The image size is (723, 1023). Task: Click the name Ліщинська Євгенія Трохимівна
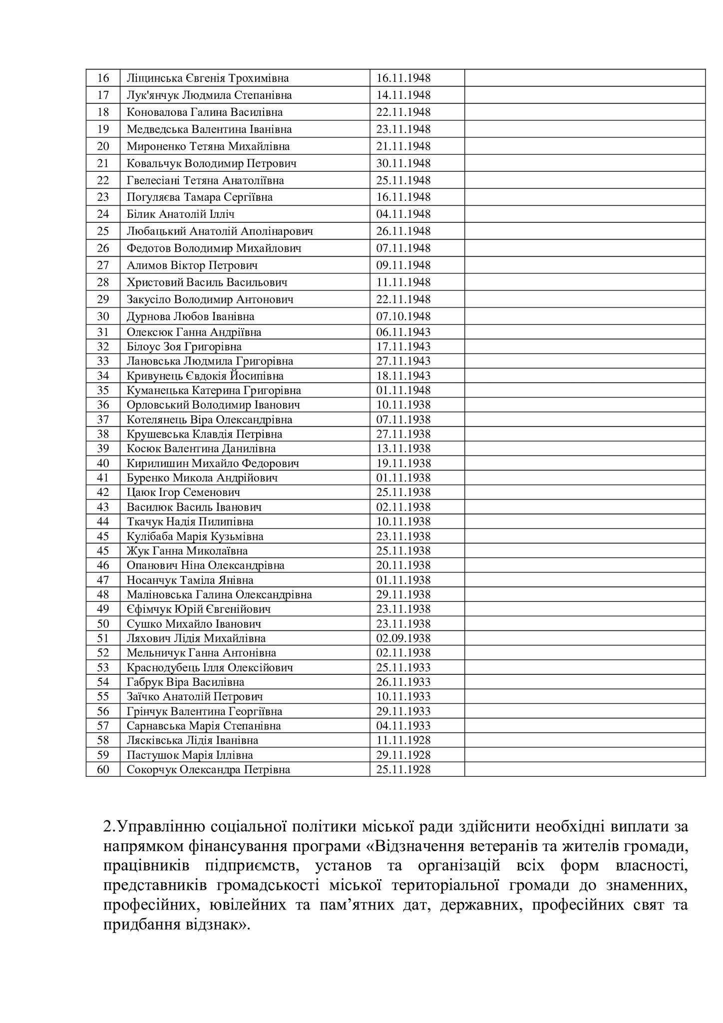[207, 78]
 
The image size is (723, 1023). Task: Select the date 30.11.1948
[403, 163]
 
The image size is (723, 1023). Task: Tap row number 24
[103, 214]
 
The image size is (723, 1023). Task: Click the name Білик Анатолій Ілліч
[180, 214]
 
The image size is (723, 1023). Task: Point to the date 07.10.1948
[403, 316]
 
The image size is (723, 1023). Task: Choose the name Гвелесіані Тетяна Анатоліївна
[205, 180]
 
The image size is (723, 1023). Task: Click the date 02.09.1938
[403, 638]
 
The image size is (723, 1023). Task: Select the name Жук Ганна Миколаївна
[187, 551]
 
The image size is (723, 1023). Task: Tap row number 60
[103, 770]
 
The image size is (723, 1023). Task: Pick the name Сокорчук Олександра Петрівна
[208, 770]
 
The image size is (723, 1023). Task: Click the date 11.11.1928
[403, 740]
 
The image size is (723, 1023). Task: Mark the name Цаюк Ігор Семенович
[183, 493]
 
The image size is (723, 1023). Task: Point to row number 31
[103, 332]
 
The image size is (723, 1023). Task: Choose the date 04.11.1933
[403, 726]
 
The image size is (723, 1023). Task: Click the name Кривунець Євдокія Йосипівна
[205, 376]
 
